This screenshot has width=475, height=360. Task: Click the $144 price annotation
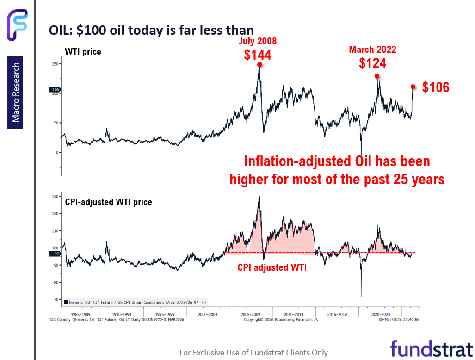coord(258,55)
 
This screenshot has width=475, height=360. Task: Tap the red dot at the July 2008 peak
coord(259,65)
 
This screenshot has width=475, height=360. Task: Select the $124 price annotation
coord(372,63)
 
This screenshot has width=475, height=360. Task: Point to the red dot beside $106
coord(413,87)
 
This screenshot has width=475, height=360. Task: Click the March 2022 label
coord(372,50)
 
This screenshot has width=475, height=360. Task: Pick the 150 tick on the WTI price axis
coord(56,64)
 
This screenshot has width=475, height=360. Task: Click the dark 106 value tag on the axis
coord(56,90)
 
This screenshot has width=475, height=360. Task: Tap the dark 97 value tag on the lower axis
coord(56,254)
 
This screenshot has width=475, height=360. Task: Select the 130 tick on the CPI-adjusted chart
coord(56,197)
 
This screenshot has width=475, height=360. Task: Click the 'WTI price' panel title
coord(83,52)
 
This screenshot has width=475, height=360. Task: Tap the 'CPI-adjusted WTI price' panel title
coord(108,202)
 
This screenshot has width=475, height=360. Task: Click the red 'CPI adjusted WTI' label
coord(272,267)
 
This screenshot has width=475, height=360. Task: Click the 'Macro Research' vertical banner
coord(16,93)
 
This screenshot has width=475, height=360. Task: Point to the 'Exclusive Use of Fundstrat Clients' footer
coord(253,353)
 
